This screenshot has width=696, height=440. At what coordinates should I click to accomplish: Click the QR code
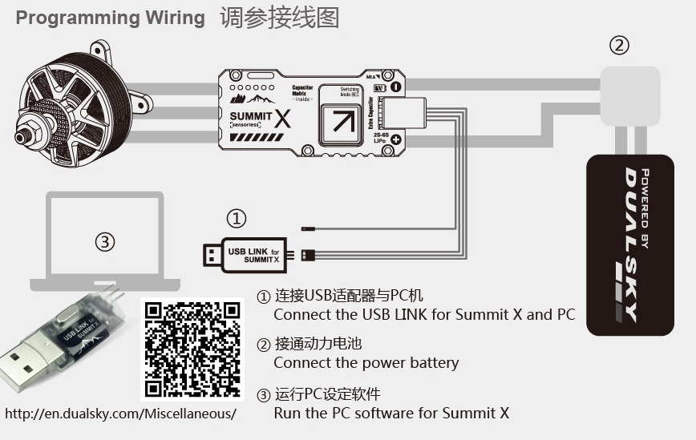click(192, 348)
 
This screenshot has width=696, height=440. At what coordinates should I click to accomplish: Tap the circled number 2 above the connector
click(619, 45)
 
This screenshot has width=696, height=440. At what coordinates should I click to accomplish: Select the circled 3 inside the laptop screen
click(105, 241)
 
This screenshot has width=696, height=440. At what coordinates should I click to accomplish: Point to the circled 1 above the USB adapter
click(236, 218)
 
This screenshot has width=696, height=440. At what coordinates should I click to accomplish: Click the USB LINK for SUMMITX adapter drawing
click(245, 254)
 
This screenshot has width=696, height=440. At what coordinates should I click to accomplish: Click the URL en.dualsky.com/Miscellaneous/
click(121, 414)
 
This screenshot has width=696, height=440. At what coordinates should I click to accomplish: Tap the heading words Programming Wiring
click(111, 18)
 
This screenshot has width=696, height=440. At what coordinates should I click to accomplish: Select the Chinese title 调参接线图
click(279, 18)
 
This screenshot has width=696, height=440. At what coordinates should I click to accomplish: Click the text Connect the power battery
click(366, 363)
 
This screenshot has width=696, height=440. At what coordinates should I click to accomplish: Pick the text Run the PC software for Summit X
click(391, 414)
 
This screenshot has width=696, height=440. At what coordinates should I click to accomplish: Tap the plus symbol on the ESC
click(395, 139)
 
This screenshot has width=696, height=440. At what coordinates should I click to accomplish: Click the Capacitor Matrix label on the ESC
click(302, 90)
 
